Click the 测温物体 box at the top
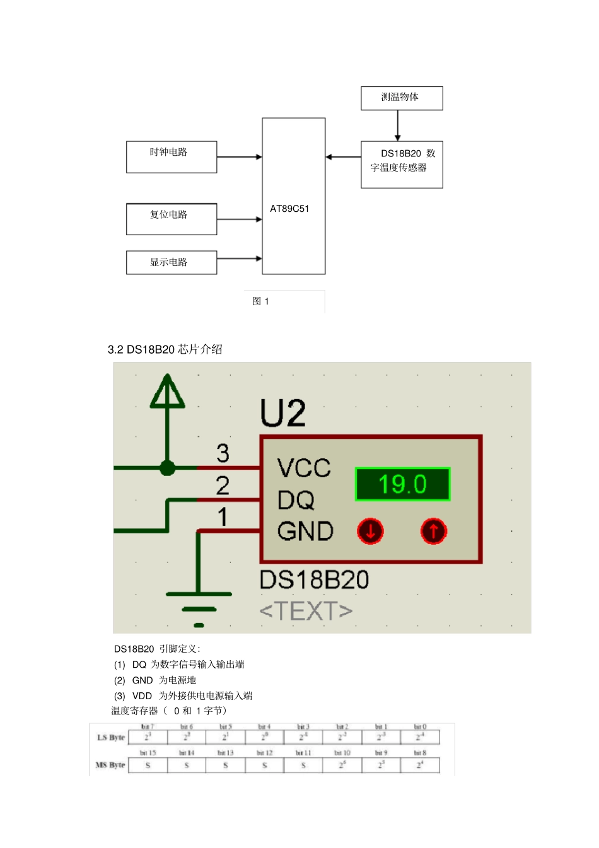pyautogui.click(x=402, y=98)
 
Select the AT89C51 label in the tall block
pyautogui.click(x=289, y=209)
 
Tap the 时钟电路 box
pyautogui.click(x=172, y=156)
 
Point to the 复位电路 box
pyautogui.click(x=172, y=219)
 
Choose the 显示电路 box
pyautogui.click(x=172, y=262)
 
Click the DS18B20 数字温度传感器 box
pyautogui.click(x=402, y=164)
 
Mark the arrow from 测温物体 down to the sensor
pyautogui.click(x=398, y=125)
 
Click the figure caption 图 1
pyautogui.click(x=260, y=301)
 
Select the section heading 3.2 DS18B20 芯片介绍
pyautogui.click(x=165, y=349)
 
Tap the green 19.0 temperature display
pyautogui.click(x=402, y=484)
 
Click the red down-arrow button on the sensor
pyautogui.click(x=371, y=531)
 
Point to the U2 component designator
pyautogui.click(x=283, y=414)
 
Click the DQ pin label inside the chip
pyautogui.click(x=296, y=500)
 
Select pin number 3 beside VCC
pyautogui.click(x=223, y=453)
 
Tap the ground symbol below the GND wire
pyautogui.click(x=199, y=609)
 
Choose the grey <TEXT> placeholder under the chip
pyautogui.click(x=306, y=610)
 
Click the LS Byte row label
pyautogui.click(x=111, y=737)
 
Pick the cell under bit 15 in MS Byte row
pyautogui.click(x=148, y=765)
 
